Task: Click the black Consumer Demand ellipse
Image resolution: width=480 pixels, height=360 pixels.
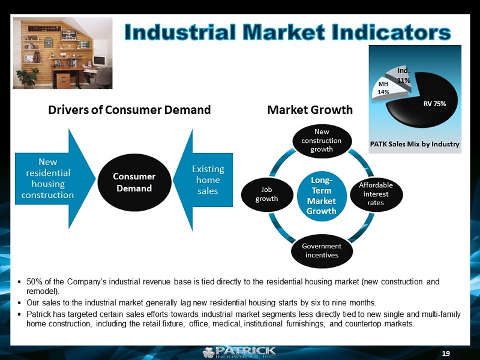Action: (134, 182)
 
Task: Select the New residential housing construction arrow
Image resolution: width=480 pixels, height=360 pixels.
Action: (55, 179)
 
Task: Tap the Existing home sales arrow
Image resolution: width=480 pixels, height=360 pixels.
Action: (203, 179)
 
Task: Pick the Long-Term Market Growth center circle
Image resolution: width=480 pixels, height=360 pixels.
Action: (322, 196)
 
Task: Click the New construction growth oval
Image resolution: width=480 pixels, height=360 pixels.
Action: (322, 140)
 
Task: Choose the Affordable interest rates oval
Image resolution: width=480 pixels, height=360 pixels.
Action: (376, 194)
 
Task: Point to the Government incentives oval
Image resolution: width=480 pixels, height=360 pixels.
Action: (322, 251)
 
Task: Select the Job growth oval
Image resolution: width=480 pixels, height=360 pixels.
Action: (266, 194)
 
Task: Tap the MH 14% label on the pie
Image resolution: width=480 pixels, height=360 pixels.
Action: (383, 88)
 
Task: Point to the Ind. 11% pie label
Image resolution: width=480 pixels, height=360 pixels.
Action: (404, 76)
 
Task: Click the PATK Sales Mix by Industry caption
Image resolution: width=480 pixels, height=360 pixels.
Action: (415, 144)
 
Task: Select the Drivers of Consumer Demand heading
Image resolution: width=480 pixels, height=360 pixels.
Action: (130, 110)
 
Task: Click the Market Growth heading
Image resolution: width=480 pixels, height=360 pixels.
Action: (310, 110)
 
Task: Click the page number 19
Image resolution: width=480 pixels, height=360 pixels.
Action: (446, 353)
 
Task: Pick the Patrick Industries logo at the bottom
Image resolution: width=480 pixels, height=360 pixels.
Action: (240, 352)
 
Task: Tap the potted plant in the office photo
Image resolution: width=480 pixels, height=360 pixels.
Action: (28, 78)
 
